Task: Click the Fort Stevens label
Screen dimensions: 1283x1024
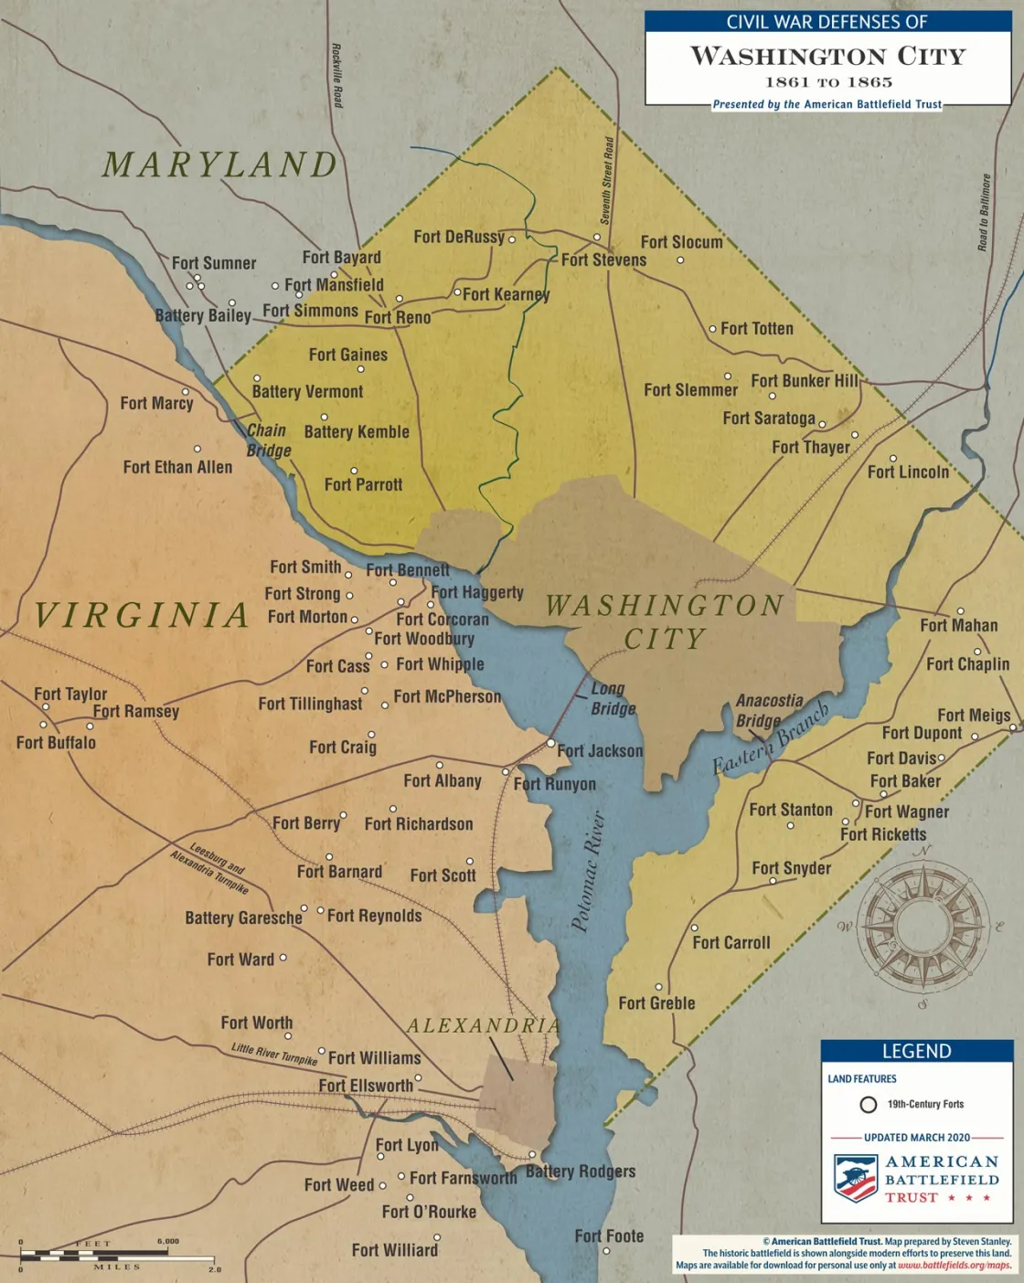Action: point(603,260)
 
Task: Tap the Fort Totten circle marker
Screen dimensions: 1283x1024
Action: point(712,329)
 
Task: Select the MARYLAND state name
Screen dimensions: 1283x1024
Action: point(220,165)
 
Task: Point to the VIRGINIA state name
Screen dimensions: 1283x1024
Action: point(142,615)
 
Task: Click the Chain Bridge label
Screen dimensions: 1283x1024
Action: point(268,440)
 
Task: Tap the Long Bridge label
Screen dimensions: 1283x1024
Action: point(612,699)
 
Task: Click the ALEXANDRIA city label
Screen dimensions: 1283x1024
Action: point(484,1026)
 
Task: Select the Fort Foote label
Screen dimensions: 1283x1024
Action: point(609,1236)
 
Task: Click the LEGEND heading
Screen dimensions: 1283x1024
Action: point(916,1052)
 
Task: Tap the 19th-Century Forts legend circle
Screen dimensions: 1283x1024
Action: point(869,1105)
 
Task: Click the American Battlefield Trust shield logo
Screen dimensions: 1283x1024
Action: point(856,1178)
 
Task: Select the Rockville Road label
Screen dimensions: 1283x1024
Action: point(336,76)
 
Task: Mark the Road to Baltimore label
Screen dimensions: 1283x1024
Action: point(984,213)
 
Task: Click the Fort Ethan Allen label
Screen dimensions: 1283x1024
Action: point(177,468)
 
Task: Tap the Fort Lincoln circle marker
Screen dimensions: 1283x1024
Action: point(893,459)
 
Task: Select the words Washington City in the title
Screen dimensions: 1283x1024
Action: point(827,57)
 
